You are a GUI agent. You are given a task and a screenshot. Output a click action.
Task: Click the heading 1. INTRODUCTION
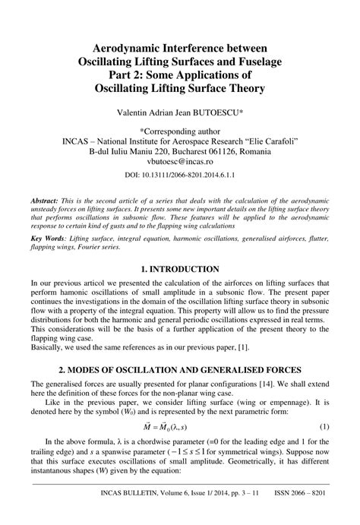[x=180, y=270]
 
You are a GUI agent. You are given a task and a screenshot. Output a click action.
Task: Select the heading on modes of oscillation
[x=180, y=368]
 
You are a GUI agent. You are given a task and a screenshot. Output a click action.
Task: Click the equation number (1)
[x=324, y=429]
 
